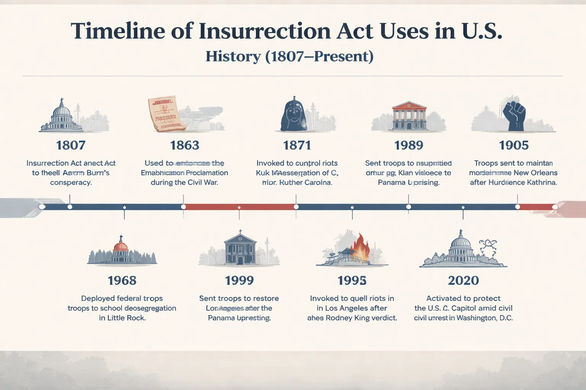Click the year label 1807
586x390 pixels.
tap(71, 145)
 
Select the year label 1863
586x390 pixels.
tap(185, 145)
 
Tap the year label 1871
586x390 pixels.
tap(297, 145)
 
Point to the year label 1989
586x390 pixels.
tap(409, 145)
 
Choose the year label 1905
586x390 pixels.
tap(514, 145)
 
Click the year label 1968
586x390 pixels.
tap(122, 281)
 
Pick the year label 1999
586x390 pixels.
tap(239, 281)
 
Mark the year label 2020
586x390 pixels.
tap(463, 281)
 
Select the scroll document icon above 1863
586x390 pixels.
tap(164, 113)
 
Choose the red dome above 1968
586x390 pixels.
tap(121, 246)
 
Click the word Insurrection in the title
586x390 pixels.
tap(264, 31)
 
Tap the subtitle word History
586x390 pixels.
tap(233, 56)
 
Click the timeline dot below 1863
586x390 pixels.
tap(184, 207)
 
